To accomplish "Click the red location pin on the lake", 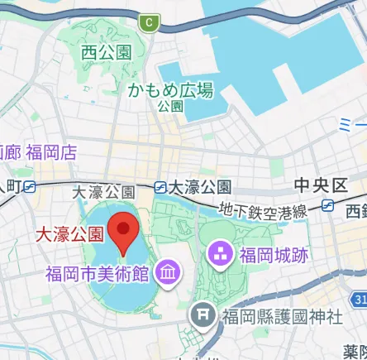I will click(123, 231).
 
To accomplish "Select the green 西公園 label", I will click(107, 53).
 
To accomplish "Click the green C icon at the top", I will click(149, 23).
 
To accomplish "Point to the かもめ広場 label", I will click(171, 90).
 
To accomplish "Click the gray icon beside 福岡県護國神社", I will click(203, 315).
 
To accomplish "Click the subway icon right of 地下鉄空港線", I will click(329, 205).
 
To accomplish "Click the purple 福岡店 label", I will click(51, 152).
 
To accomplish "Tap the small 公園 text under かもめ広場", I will click(171, 107).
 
